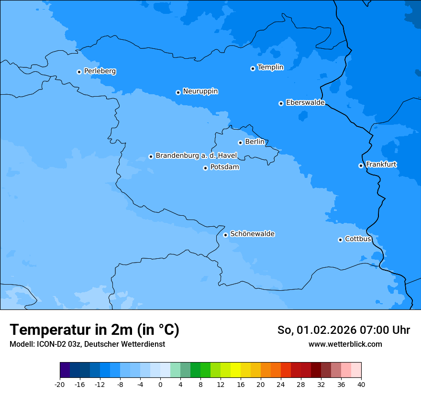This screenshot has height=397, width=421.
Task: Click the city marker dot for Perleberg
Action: (x=79, y=72)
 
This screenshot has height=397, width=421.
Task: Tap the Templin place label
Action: (x=270, y=67)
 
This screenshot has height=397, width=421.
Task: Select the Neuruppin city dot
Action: (x=178, y=92)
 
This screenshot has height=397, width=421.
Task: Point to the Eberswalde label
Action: (x=305, y=103)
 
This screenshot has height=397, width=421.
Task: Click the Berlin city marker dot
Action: (x=240, y=143)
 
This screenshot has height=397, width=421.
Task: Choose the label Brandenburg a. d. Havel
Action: (x=196, y=156)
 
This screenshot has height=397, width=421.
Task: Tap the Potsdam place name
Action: (x=224, y=167)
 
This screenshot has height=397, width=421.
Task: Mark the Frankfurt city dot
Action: (x=361, y=165)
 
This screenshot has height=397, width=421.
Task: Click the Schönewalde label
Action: (x=252, y=234)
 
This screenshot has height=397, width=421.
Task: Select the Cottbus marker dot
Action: (x=340, y=240)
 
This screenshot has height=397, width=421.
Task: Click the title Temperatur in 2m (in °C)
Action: (x=95, y=330)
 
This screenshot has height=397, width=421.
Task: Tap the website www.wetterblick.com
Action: (x=345, y=344)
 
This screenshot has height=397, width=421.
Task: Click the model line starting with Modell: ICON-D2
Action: (x=87, y=344)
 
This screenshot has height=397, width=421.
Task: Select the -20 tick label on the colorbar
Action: (x=60, y=384)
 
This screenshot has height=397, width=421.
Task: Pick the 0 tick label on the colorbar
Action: (x=160, y=384)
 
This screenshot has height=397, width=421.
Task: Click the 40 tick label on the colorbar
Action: (x=361, y=384)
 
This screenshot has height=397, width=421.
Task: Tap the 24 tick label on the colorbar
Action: (x=281, y=384)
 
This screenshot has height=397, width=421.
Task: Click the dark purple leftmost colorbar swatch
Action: (x=65, y=370)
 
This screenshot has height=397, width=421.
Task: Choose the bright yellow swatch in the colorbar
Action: (x=235, y=370)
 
